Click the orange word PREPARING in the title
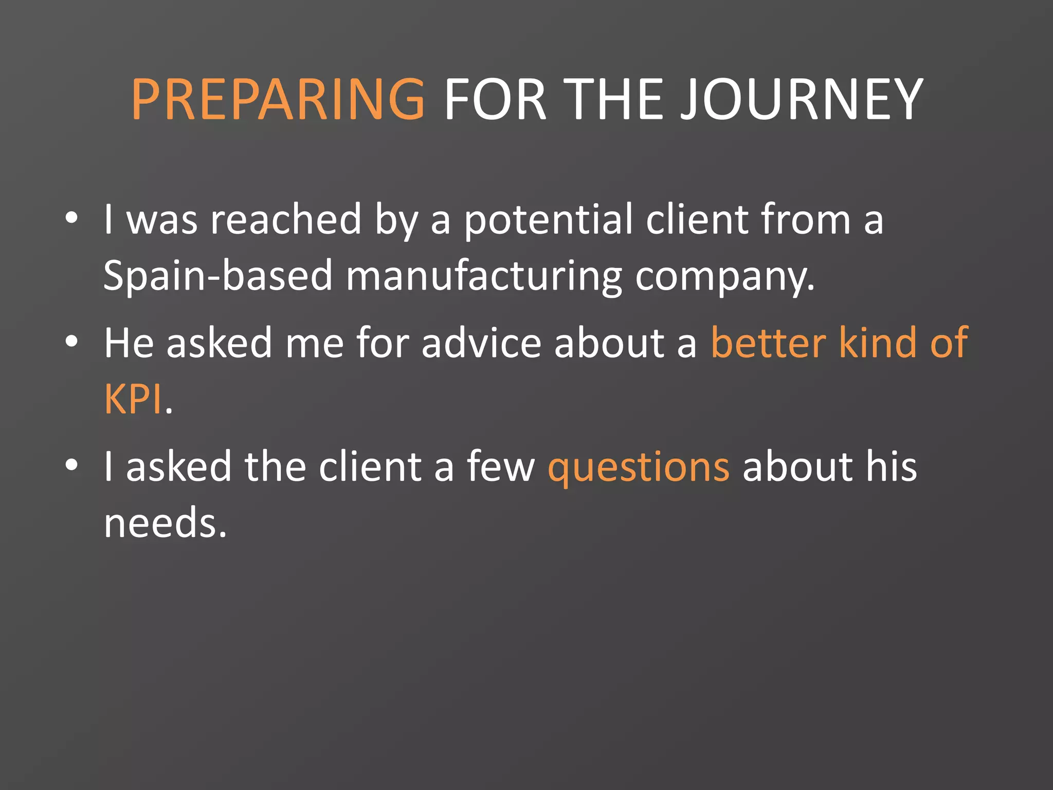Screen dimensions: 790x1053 coord(278,99)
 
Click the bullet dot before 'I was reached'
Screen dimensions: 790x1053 coord(71,218)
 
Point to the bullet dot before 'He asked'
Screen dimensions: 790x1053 coord(71,342)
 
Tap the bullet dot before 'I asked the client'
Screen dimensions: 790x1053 coord(71,465)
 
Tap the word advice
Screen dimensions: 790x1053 coord(481,343)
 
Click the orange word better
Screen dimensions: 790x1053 coord(769,343)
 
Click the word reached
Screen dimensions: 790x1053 coord(286,220)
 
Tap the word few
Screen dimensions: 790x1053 coord(500,467)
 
